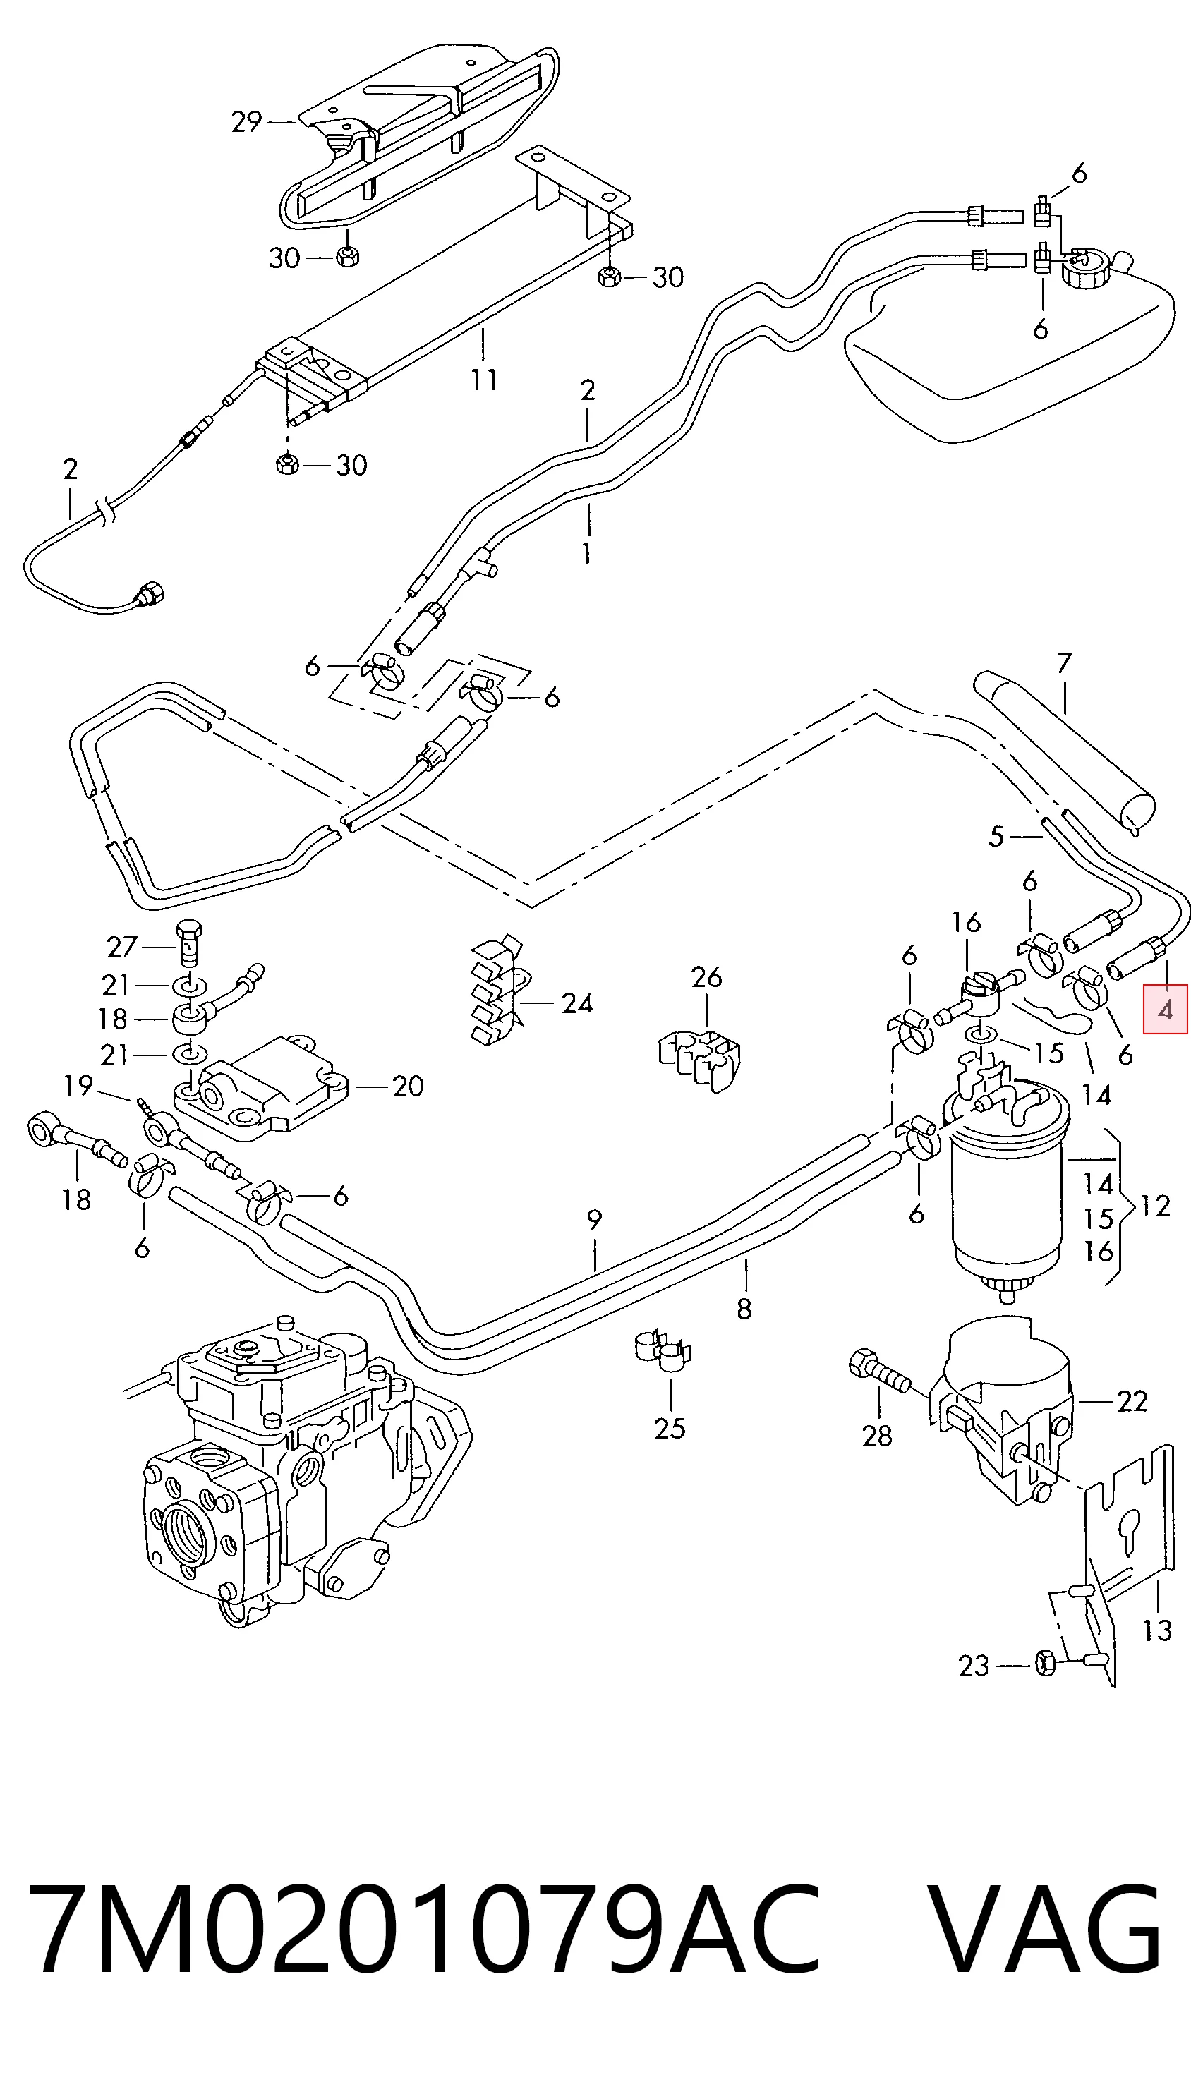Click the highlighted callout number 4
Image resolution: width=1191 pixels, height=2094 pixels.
pyautogui.click(x=1166, y=1010)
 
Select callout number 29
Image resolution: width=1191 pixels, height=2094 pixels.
pyautogui.click(x=246, y=122)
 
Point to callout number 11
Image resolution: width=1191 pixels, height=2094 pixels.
pyautogui.click(x=483, y=380)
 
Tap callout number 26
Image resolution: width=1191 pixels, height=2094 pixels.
pyautogui.click(x=706, y=976)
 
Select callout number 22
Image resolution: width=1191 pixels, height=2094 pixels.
pyautogui.click(x=1132, y=1401)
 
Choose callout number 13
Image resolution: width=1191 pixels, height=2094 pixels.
pyautogui.click(x=1157, y=1630)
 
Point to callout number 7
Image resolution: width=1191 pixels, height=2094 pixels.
pyautogui.click(x=1063, y=662)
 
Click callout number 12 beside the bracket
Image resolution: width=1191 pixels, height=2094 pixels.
pyautogui.click(x=1154, y=1206)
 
